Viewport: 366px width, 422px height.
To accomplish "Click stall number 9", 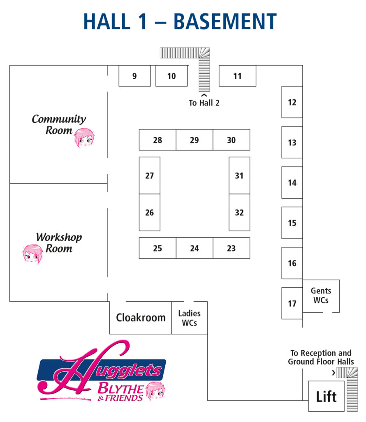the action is (x=134, y=76).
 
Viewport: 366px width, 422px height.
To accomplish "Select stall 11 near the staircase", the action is (x=237, y=76).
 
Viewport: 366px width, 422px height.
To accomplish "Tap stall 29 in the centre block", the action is (x=195, y=140).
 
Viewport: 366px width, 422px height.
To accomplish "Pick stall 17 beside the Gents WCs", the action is (x=292, y=303).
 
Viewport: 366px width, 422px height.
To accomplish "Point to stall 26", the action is (x=150, y=212).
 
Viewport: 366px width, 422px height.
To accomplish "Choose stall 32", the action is (x=239, y=212).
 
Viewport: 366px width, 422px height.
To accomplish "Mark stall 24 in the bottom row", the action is (x=195, y=248).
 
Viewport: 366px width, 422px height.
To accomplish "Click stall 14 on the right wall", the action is (x=292, y=183).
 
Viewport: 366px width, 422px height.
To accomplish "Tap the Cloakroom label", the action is (x=141, y=318).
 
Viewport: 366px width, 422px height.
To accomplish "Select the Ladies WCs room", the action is (x=189, y=318).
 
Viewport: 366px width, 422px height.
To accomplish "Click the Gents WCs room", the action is (x=321, y=296).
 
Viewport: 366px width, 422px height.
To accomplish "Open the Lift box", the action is (x=326, y=396).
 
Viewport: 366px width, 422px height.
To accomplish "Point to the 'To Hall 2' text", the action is (x=204, y=103).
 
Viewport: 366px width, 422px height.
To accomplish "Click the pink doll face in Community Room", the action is (x=84, y=138).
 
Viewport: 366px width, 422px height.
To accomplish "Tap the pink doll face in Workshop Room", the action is (x=33, y=254).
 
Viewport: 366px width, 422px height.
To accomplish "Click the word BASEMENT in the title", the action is (x=225, y=21).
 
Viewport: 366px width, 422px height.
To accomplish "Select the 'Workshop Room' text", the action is (x=59, y=243).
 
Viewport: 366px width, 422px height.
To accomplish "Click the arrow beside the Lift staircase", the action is (x=334, y=373).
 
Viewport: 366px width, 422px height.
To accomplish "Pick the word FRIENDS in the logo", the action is (x=124, y=398).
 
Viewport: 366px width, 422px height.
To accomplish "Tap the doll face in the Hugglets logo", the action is (x=155, y=391).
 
